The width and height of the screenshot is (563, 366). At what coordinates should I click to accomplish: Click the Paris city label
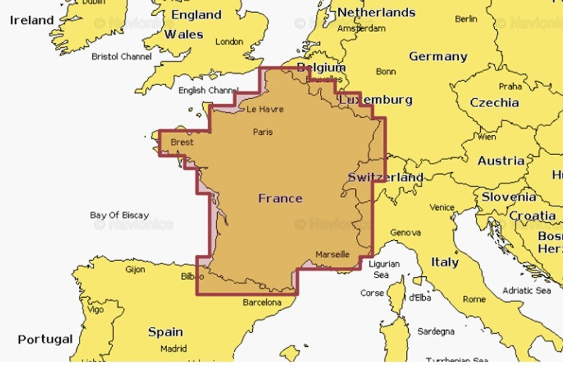click(x=263, y=132)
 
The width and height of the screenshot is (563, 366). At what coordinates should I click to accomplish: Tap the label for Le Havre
click(x=265, y=109)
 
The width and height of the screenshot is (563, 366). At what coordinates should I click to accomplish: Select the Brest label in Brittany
click(x=181, y=143)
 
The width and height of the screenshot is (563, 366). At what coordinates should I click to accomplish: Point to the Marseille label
click(x=332, y=254)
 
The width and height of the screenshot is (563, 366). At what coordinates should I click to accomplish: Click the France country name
click(x=280, y=199)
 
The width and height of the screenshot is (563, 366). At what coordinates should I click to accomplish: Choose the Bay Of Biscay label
click(x=119, y=215)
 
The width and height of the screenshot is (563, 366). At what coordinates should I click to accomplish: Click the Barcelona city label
click(x=262, y=303)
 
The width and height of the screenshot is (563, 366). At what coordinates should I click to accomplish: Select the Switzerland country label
click(x=385, y=177)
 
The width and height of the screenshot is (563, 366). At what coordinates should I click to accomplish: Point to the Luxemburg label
click(x=376, y=100)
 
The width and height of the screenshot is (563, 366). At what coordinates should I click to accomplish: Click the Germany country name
click(x=438, y=56)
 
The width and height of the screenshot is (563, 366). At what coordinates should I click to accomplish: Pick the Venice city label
click(x=442, y=208)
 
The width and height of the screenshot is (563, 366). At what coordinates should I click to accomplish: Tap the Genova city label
click(x=405, y=232)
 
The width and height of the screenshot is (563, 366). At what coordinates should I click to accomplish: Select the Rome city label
click(x=474, y=299)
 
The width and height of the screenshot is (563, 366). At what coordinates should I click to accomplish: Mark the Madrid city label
click(x=173, y=349)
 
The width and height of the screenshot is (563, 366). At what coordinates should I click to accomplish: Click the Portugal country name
click(x=45, y=339)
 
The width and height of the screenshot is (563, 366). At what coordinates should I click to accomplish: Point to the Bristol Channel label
click(x=122, y=57)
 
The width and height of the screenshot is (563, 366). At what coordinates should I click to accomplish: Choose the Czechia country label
click(x=494, y=103)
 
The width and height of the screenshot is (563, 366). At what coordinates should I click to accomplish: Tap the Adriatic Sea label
click(x=526, y=290)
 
